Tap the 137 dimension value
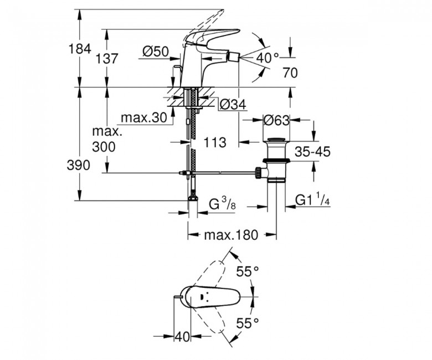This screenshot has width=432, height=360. coord(107,59)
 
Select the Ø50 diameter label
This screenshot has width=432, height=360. coord(156,52)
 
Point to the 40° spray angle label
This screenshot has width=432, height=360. coord(268,58)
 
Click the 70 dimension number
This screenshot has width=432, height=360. coord(290,73)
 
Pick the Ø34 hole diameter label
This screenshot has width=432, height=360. coord(233,104)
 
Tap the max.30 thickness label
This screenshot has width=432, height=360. coord(144,118)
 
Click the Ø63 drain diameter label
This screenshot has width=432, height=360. coord(276,120)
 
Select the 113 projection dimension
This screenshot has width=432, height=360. coord(215,142)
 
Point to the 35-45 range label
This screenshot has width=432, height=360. coord(312,152)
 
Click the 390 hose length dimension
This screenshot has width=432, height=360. coord(79,165)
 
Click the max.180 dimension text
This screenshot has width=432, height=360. coord(231,235)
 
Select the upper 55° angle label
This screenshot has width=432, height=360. coord(248,271)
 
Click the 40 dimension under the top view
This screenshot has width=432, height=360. coord(182,336)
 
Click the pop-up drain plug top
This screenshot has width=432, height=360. coord(276,140)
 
